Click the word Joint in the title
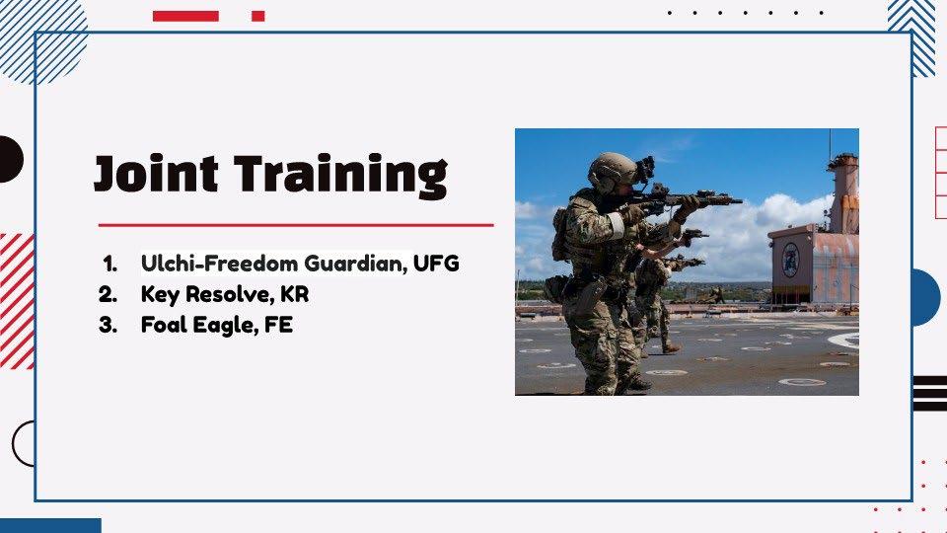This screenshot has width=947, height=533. click(156, 174)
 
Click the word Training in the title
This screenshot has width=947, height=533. click(340, 177)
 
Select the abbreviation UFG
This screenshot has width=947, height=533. click(436, 264)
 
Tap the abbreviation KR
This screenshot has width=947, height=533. click(295, 294)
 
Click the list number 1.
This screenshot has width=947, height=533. click(109, 265)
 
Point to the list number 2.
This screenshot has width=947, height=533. click(108, 295)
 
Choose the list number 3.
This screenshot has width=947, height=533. click(108, 326)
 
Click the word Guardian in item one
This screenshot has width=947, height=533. click(355, 265)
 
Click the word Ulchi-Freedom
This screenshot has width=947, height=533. click(219, 264)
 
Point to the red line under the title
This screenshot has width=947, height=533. click(296, 225)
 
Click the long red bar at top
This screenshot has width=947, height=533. click(185, 17)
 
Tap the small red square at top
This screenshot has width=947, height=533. click(257, 17)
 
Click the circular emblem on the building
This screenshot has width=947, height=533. click(790, 260)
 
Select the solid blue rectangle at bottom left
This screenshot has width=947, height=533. click(50, 525)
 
